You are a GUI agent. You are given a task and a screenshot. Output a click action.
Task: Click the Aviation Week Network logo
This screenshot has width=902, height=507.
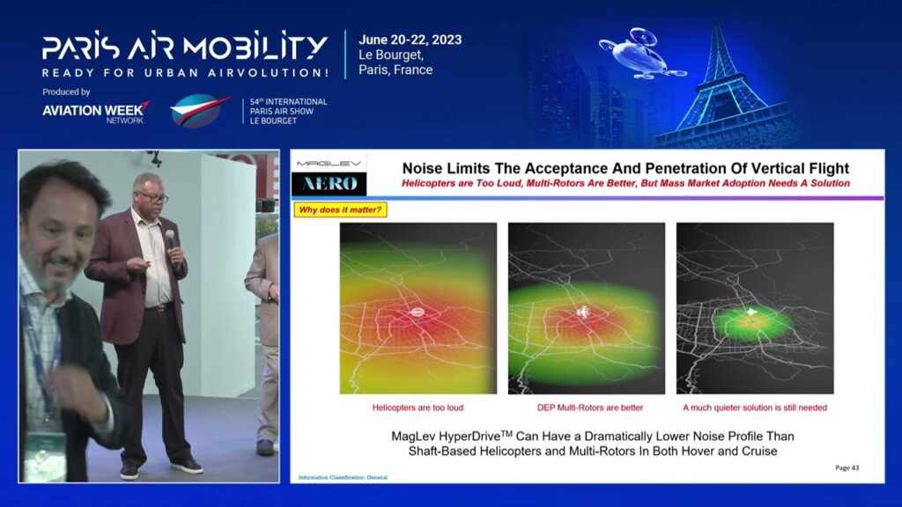(95, 113)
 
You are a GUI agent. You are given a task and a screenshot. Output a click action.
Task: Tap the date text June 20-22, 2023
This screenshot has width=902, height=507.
(410, 40)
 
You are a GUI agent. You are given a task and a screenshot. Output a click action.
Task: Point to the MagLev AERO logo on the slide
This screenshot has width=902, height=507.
(329, 175)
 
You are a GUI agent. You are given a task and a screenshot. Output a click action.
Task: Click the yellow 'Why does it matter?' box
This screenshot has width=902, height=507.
(340, 209)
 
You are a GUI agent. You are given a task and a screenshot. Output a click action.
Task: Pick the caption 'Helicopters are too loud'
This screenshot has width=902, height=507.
(418, 408)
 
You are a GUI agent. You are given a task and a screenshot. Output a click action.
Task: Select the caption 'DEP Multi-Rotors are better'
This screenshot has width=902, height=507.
(590, 408)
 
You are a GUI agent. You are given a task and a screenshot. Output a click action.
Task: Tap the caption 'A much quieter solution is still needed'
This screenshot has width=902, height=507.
(755, 408)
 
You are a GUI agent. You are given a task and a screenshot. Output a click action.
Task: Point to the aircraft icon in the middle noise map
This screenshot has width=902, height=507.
(583, 312)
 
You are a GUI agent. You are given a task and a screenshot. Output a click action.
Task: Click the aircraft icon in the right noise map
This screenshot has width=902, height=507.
(752, 312)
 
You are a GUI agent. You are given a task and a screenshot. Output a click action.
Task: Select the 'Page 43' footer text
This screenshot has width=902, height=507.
(847, 468)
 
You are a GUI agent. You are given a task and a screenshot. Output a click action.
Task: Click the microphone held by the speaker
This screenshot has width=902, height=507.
(171, 238)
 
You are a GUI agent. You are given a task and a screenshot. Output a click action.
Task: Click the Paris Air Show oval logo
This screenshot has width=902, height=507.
(200, 110)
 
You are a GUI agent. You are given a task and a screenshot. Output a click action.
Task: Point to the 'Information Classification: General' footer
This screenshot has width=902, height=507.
(343, 478)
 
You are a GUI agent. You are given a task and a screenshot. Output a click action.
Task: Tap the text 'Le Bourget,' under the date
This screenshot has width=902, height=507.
(391, 55)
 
